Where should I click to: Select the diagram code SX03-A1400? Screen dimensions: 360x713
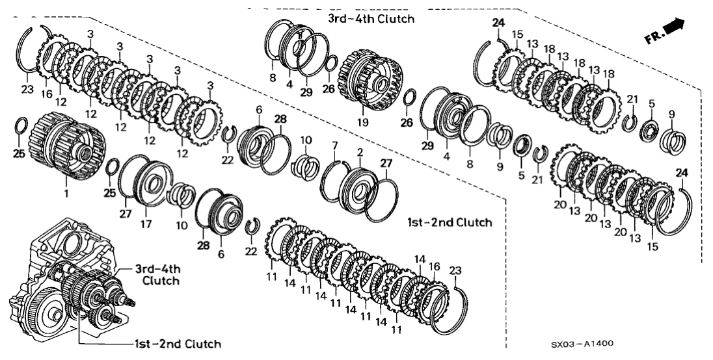click(x=584, y=344)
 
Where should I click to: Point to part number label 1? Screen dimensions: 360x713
click(x=66, y=193)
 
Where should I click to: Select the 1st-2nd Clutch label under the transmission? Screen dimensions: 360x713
click(x=176, y=344)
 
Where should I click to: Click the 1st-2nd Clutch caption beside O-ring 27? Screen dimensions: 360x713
click(x=449, y=222)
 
